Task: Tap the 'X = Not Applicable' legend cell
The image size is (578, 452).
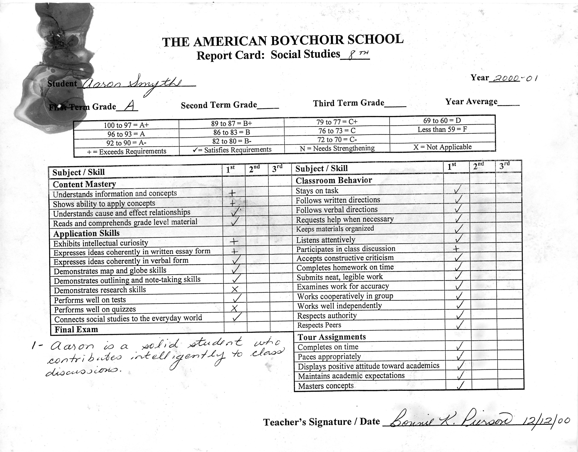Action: [x=442, y=147]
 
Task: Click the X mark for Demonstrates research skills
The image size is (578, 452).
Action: [x=235, y=289]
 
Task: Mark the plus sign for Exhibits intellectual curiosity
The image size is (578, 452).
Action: [x=234, y=241]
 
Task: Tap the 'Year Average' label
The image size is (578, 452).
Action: [x=471, y=102]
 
